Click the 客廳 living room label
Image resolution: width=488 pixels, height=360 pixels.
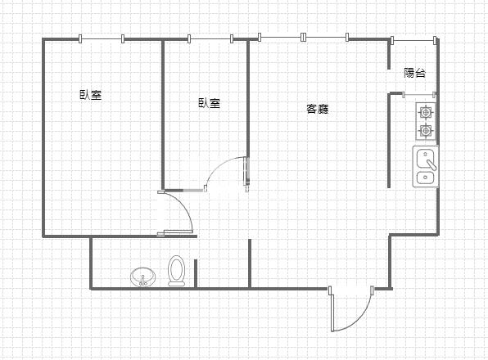click(x=318, y=109)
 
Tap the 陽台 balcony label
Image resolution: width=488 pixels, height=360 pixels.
click(x=415, y=73)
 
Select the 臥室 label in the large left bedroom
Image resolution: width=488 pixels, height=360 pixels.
click(x=90, y=95)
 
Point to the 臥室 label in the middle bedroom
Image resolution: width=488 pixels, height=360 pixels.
click(x=209, y=103)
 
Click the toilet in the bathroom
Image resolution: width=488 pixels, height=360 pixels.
click(x=176, y=271)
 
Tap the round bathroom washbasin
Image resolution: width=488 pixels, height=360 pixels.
click(x=142, y=277)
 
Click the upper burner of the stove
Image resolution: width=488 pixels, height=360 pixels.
click(x=426, y=113)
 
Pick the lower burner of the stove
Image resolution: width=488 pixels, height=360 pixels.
click(x=426, y=130)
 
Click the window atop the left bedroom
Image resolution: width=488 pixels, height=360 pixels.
click(x=102, y=38)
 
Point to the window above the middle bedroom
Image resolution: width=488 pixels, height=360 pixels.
click(x=210, y=38)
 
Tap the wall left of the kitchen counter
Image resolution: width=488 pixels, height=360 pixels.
click(x=389, y=139)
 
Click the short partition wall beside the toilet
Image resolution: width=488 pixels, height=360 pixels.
click(x=196, y=273)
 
